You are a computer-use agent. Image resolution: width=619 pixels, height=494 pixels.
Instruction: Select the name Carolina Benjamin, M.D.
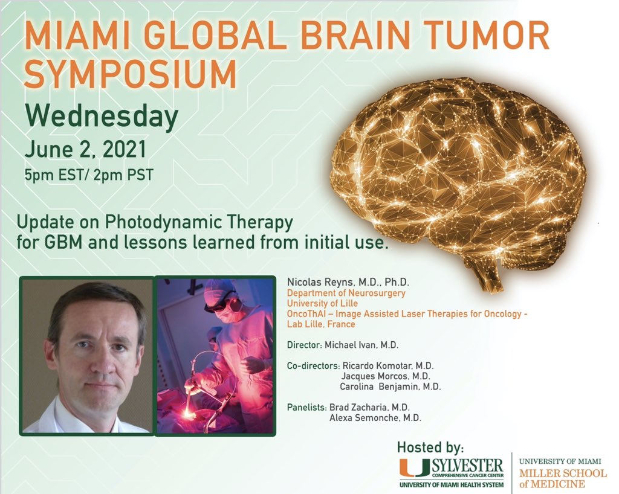click(395, 387)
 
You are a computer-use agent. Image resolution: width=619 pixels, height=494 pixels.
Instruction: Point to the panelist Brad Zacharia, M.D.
click(374, 407)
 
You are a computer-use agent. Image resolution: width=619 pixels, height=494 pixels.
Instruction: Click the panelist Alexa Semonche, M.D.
click(375, 417)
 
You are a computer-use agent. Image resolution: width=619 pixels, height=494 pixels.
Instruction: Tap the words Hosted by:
click(430, 447)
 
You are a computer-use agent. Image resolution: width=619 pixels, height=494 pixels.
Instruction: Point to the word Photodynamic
click(149, 222)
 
